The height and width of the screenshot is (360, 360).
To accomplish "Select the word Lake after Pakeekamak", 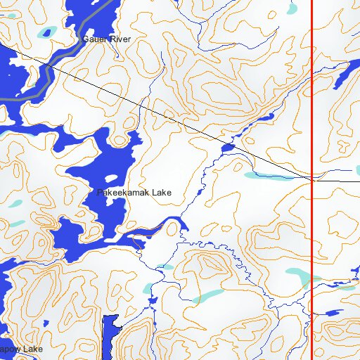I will coord(160,192).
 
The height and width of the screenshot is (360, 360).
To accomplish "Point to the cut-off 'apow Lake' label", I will coord(21,349).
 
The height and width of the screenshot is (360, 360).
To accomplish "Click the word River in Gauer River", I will coord(120,39).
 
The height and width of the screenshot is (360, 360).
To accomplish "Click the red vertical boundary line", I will coord(311,105).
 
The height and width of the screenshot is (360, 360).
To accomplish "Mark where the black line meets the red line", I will coord(311,180).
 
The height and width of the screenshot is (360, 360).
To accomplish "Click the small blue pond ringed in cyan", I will coord(46,32).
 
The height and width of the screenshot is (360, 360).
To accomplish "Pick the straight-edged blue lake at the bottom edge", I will coord(109,337).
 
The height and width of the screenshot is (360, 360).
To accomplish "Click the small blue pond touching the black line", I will coord(228,148).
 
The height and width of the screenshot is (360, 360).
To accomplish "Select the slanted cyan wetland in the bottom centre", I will coord(207,297).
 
